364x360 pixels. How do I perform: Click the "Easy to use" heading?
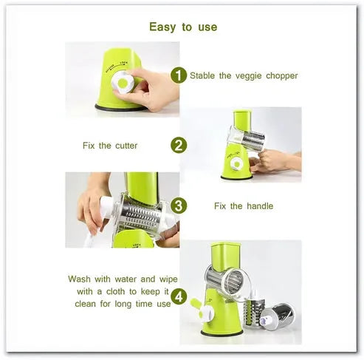click(x=183, y=27)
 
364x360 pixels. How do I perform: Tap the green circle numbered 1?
click(x=179, y=75)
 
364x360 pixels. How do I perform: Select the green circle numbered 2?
click(x=179, y=145)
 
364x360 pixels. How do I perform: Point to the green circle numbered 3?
click(x=179, y=206)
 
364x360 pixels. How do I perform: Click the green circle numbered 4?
click(x=179, y=296)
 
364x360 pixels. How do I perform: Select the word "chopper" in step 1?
click(x=282, y=76)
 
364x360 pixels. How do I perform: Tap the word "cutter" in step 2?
click(x=126, y=146)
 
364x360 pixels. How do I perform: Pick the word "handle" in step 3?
click(x=260, y=206)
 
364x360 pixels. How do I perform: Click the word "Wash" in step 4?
click(x=79, y=279)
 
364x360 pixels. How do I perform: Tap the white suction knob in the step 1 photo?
click(x=123, y=82)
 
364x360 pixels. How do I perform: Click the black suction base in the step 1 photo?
click(x=121, y=107)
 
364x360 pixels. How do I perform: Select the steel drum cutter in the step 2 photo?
click(x=253, y=140)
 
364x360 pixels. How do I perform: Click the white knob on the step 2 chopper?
click(x=237, y=163)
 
